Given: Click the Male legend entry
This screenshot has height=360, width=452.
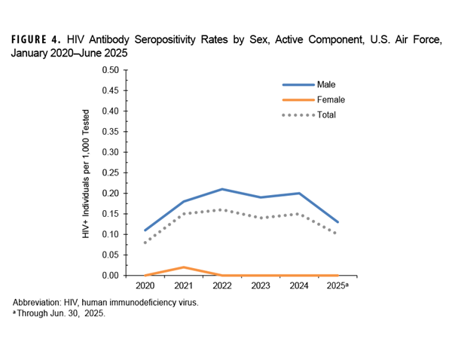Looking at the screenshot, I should coord(326,85).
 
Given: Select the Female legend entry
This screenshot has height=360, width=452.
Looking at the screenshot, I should coord(331,99).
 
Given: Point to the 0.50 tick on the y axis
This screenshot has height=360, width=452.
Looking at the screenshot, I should coord(109,70).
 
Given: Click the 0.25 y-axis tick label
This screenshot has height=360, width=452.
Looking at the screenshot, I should coord(109,172).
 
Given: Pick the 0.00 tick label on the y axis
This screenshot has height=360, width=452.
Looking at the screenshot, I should coord(109,276).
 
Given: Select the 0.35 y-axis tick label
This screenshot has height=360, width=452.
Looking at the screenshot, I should coord(109,132).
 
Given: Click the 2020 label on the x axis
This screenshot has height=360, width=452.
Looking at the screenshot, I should coord(145,287).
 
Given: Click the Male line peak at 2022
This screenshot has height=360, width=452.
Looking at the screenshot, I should coord(223,189).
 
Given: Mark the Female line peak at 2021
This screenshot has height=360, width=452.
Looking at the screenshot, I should coord(184,267).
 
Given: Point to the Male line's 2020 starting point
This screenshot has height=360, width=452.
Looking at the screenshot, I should coord(145,230).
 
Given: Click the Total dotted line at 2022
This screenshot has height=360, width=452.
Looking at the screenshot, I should coord(223,209).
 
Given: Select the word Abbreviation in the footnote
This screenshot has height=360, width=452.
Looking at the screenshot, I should coord(37,302).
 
